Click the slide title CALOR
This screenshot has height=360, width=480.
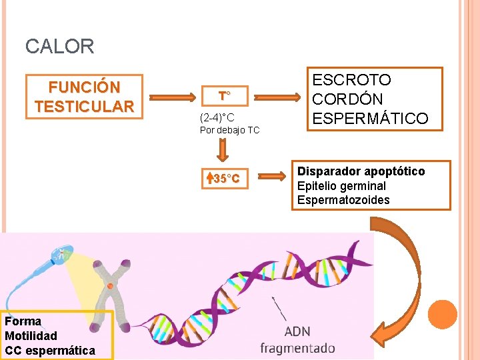(59, 47)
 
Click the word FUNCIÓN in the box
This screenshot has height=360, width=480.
(84, 87)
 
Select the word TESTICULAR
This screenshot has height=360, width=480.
(84, 106)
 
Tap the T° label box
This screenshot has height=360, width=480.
(225, 96)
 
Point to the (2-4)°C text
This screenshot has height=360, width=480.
(217, 117)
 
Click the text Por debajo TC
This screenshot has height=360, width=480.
(229, 130)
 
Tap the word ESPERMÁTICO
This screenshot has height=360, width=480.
(370, 119)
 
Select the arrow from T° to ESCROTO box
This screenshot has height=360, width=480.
(279, 97)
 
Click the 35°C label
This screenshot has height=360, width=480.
(225, 179)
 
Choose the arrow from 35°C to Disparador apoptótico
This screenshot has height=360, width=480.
(271, 177)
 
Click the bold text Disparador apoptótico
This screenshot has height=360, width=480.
(361, 171)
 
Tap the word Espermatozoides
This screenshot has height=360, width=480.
(343, 200)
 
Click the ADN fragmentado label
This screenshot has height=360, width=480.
(297, 340)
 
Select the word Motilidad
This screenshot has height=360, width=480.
(31, 335)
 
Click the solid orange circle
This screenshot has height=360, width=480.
(442, 315)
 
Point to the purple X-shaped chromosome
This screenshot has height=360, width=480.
(111, 287)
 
